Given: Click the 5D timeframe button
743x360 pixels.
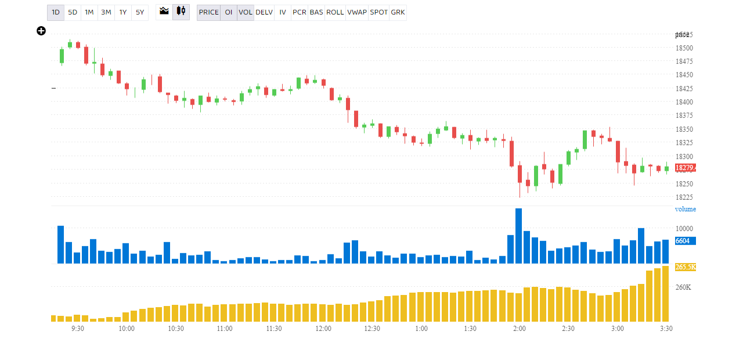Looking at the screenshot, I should click(73, 12).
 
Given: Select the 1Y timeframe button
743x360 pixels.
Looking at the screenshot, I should click(123, 12).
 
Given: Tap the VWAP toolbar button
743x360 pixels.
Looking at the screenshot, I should click(357, 12).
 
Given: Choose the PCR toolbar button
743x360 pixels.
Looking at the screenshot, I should click(300, 12).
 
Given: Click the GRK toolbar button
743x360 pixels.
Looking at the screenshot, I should click(398, 12).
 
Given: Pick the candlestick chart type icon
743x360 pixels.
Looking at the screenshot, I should click(181, 11).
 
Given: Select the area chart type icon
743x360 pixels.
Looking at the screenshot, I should click(164, 11).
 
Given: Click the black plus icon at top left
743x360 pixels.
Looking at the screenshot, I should click(41, 31).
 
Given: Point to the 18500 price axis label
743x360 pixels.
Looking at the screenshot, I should click(684, 48).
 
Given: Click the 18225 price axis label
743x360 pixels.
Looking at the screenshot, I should click(684, 197).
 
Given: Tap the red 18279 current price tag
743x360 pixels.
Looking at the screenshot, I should click(686, 168).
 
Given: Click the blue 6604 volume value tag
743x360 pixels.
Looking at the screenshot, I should click(683, 240).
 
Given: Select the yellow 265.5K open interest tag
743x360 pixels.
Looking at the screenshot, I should click(686, 267).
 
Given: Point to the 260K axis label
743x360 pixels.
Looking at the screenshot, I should click(683, 287).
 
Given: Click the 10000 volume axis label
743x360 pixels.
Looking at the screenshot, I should click(684, 228).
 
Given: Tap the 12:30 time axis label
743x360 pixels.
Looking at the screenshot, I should click(372, 329).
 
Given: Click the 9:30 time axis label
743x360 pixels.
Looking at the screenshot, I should click(78, 329).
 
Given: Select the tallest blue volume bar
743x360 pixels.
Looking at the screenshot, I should click(518, 236).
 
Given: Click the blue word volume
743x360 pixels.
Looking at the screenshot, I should click(686, 209).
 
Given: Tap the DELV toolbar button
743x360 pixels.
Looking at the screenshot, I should click(264, 12).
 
